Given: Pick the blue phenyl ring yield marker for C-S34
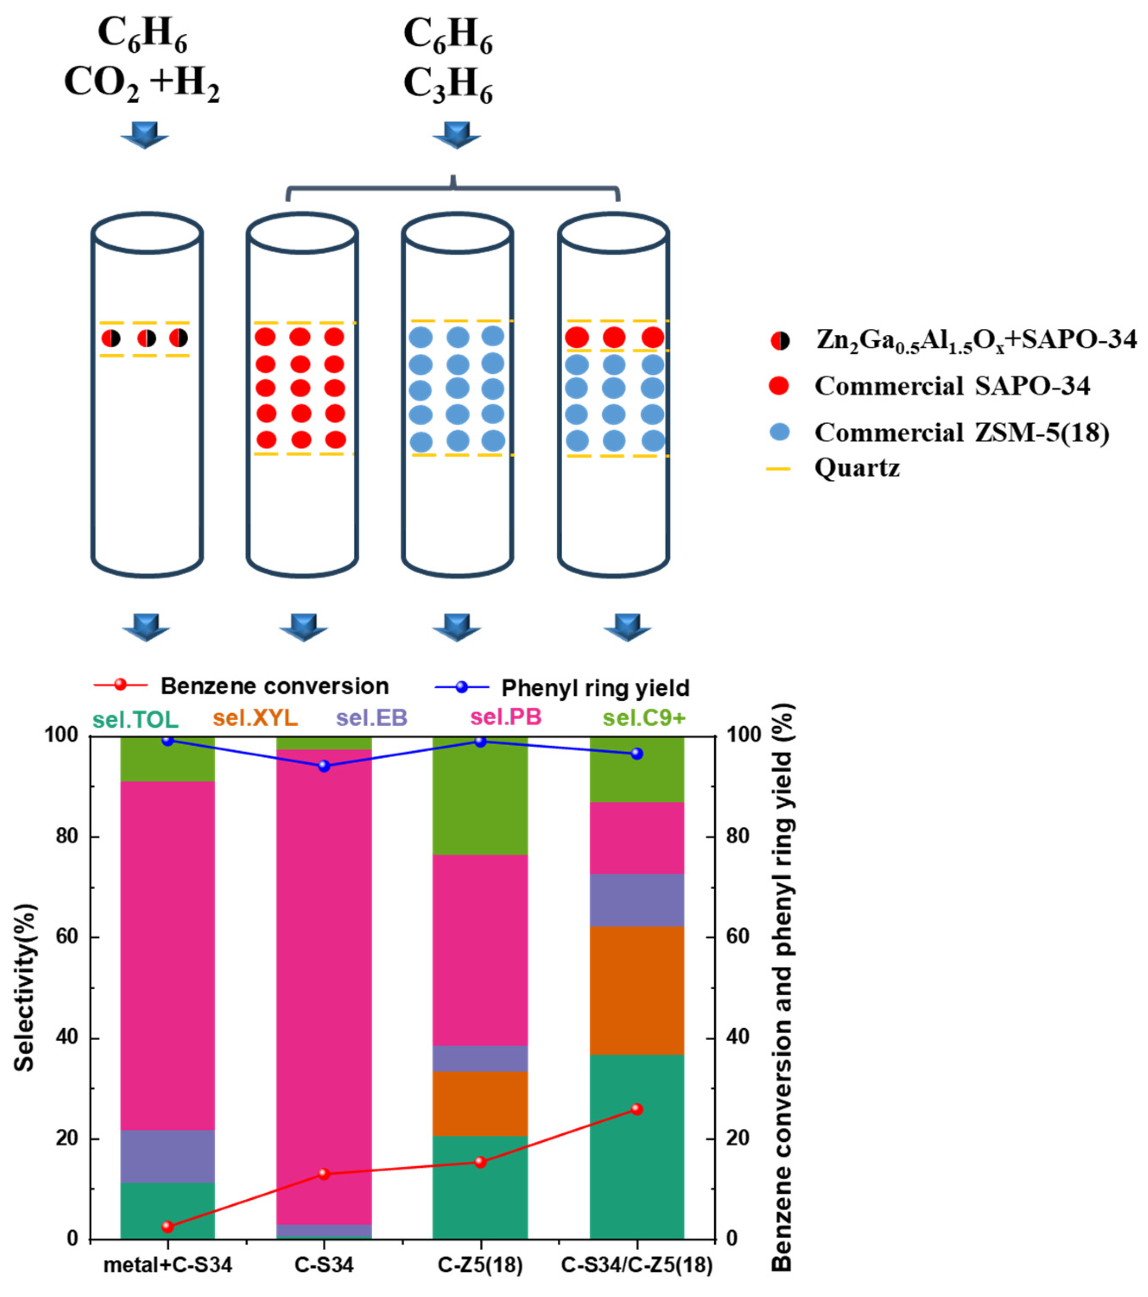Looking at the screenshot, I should pyautogui.click(x=324, y=766).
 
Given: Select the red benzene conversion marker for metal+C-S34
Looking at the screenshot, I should pyautogui.click(x=168, y=1226).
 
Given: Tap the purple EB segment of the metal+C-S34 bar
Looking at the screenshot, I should pyautogui.click(x=168, y=1156).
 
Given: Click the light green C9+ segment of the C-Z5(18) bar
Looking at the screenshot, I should pyautogui.click(x=480, y=796).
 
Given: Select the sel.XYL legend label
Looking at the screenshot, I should pyautogui.click(x=255, y=718).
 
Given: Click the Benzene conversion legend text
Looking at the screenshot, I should pyautogui.click(x=274, y=686).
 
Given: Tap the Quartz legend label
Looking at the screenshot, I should pyautogui.click(x=857, y=468).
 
